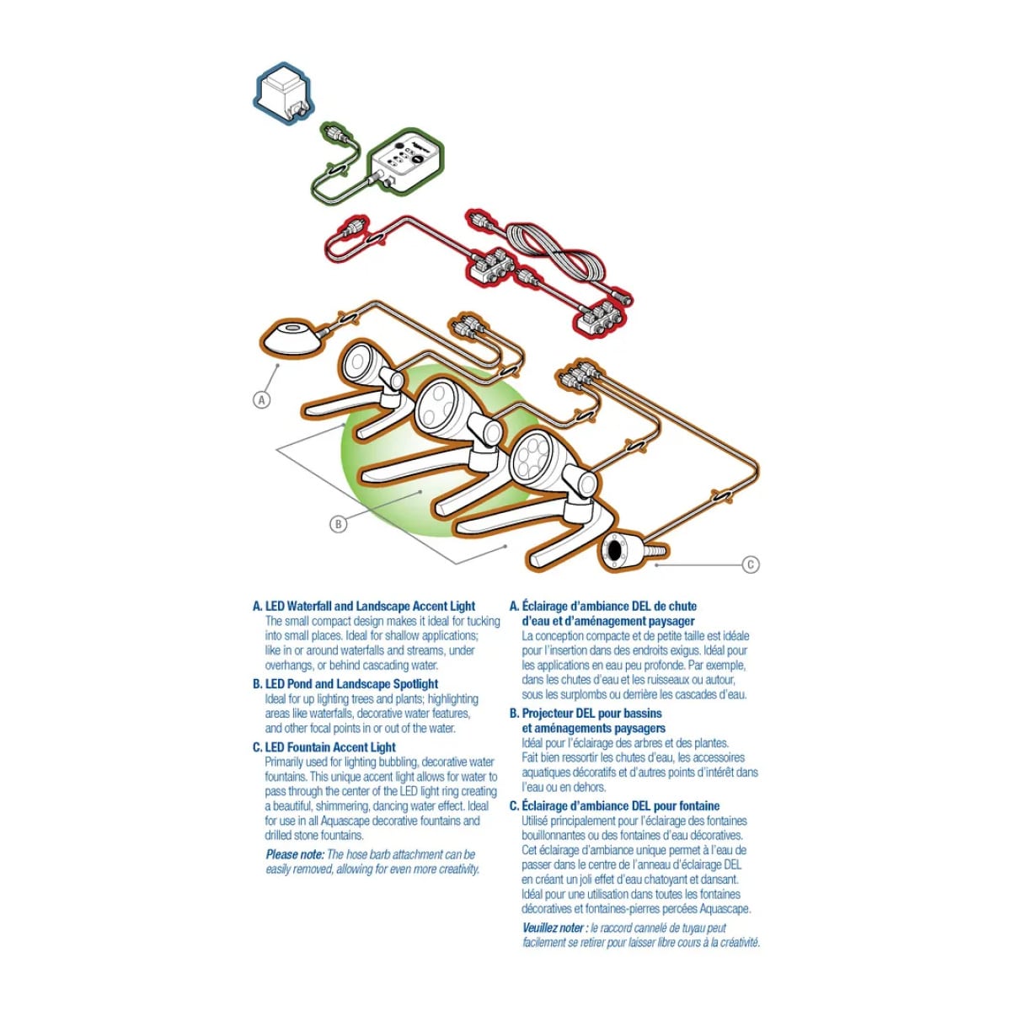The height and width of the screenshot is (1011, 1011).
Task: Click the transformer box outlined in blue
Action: coord(284,94)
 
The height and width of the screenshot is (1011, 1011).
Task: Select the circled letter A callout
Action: coord(262,400)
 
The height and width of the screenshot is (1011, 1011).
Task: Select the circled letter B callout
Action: coord(339,523)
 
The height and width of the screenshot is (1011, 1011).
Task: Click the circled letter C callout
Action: coord(751,564)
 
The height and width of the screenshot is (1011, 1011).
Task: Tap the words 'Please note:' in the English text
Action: coord(295,854)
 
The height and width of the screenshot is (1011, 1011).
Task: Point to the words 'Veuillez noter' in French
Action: coord(553,928)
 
